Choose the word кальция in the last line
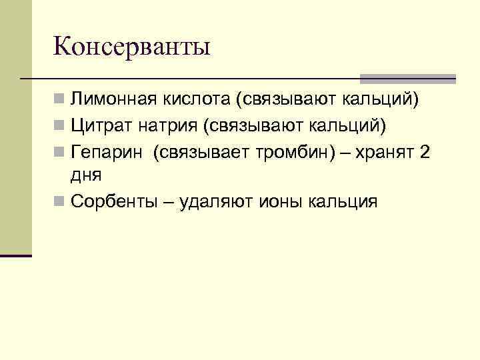(344, 201)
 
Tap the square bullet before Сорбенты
(60, 201)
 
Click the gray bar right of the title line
(407, 78)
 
